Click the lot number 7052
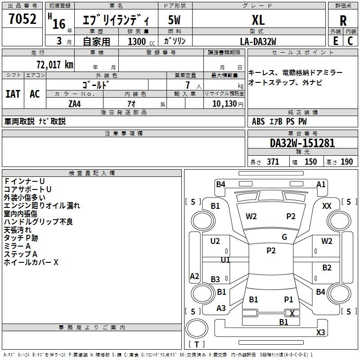(22, 19)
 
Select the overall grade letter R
(343, 21)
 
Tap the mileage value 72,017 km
(55, 64)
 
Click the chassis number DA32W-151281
(302, 143)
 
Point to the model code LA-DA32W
(258, 41)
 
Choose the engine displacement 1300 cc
(141, 41)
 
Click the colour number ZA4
(75, 104)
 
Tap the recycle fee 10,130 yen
(228, 104)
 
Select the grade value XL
(258, 20)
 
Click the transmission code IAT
(13, 94)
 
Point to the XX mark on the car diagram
(327, 206)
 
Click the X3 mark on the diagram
(320, 332)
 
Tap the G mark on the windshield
(284, 237)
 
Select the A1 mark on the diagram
(321, 184)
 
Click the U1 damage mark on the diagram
(225, 260)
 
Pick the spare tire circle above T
(197, 328)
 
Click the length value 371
(273, 162)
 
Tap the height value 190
(346, 162)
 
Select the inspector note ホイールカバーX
(31, 262)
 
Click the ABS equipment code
(258, 121)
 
